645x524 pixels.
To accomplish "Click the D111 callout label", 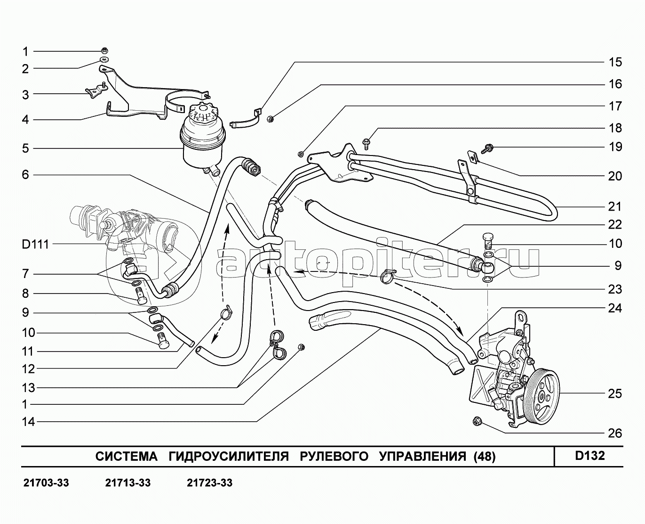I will coord(35,245).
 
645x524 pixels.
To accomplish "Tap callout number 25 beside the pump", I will coord(615,393).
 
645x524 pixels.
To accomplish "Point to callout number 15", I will coord(615,62).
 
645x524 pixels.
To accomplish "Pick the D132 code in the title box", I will coord(590,456).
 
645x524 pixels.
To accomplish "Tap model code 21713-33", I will coord(128,483).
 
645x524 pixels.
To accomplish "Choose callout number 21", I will coord(615,206).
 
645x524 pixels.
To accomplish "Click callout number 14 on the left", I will coord(29,421).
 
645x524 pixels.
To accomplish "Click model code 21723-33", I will coord(209,483).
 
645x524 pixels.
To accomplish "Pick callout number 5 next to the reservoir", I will coord(25,149).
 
